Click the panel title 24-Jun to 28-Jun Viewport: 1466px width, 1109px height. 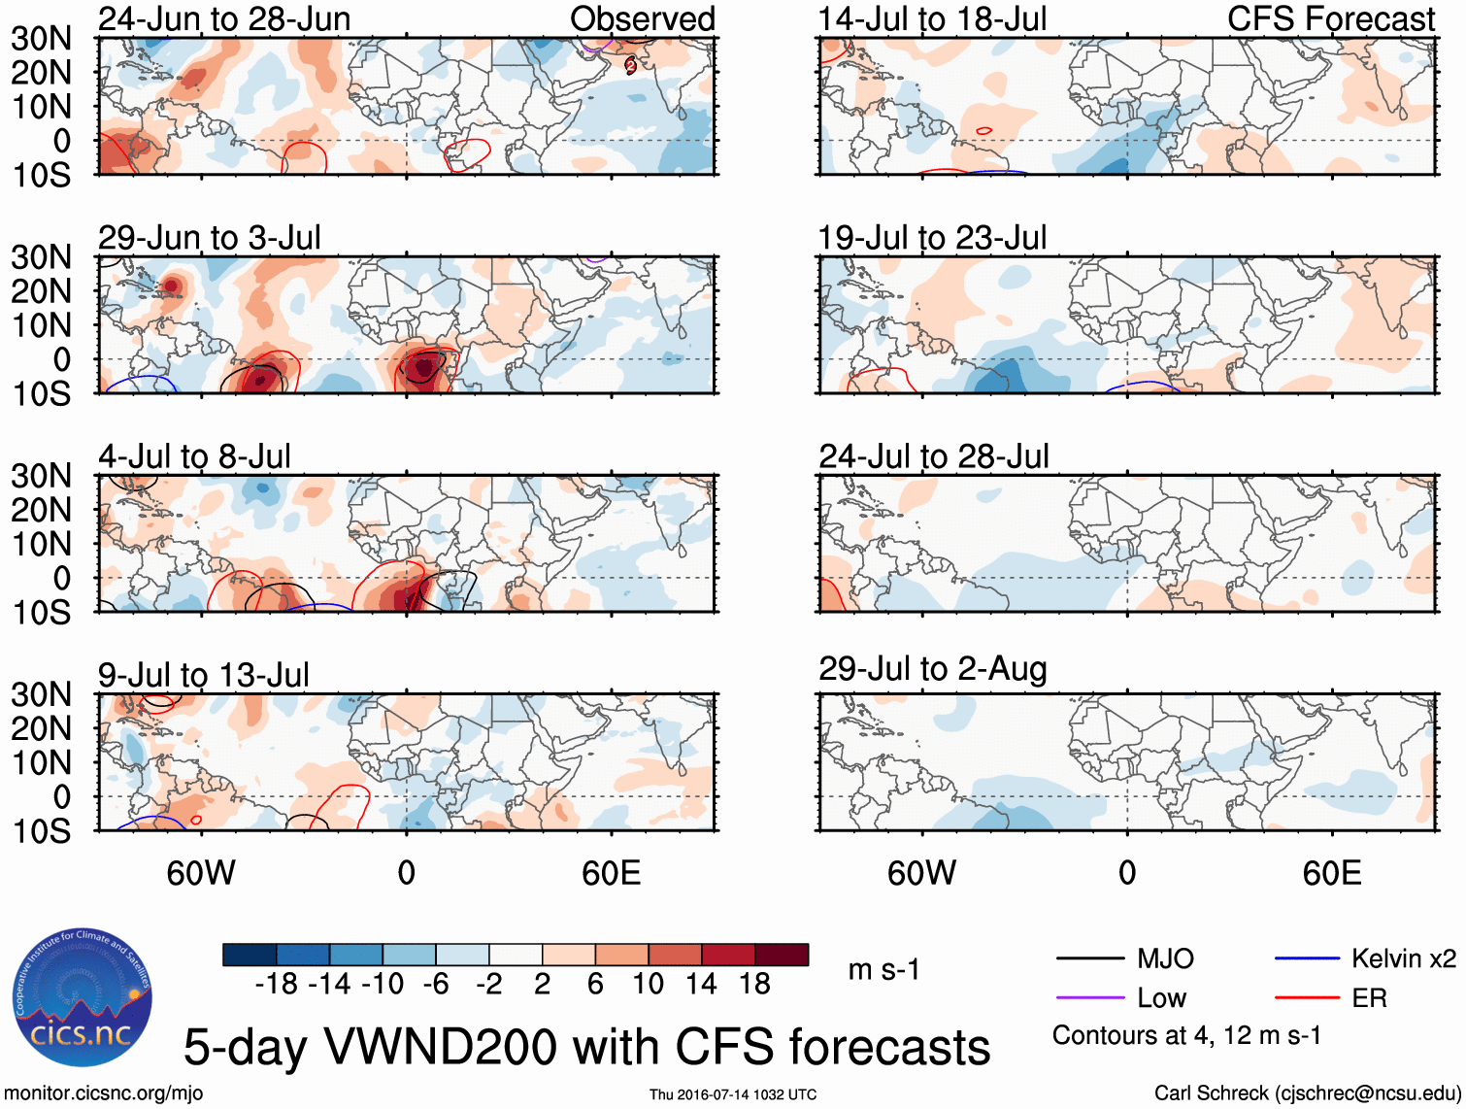coord(224,19)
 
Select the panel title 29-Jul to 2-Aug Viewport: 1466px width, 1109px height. coord(932,669)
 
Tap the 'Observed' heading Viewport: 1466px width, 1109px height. coord(642,19)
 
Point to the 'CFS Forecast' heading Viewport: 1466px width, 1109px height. coord(1330,19)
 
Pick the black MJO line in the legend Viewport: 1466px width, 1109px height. coord(1089,959)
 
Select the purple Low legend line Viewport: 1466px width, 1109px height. coord(1089,998)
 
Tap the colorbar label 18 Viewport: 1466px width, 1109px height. coord(754,985)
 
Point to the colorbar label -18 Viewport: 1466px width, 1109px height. coord(277,985)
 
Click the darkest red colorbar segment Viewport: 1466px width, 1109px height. coord(782,955)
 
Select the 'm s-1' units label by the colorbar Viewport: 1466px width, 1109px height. coord(883,969)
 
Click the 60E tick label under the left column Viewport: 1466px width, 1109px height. coord(611,873)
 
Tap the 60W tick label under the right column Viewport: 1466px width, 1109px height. coord(921,873)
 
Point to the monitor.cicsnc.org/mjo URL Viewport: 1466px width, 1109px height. coord(104,1093)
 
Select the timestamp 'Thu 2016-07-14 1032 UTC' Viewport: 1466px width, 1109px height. coord(733,1094)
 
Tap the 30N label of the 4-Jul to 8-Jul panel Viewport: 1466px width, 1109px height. coord(42,476)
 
